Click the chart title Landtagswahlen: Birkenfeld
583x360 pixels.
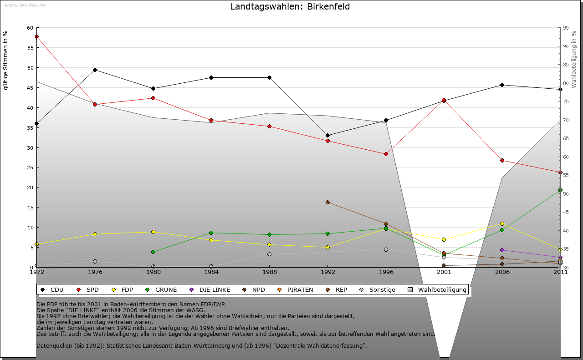tap(290, 7)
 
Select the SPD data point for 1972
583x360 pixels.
tap(36, 37)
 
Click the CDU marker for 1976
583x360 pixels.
tap(95, 70)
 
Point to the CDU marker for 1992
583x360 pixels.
tap(327, 135)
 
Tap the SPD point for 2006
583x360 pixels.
tap(502, 160)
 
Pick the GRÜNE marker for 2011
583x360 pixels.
tap(560, 190)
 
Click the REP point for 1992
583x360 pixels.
tap(327, 202)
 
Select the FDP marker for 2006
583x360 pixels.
tap(502, 223)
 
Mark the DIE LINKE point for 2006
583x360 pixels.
tap(502, 250)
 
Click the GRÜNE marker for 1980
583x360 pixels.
tap(153, 252)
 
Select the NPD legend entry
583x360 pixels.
tap(254, 289)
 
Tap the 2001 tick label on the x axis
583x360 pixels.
tap(444, 272)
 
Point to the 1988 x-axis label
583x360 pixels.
tap(269, 272)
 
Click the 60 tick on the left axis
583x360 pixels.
tap(30, 28)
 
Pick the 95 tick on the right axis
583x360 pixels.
tap(566, 28)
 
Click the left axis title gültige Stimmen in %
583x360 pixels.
tap(5, 61)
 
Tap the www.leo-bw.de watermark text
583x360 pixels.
tap(25, 5)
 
